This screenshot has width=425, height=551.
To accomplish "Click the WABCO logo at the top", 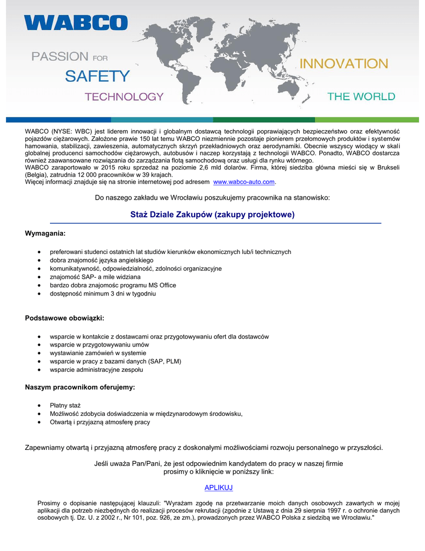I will pos(76,23).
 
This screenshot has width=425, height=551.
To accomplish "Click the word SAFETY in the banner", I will pos(97,76).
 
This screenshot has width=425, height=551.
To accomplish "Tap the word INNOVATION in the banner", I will pos(343,63).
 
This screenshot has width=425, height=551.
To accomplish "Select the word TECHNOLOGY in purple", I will pos(124,97).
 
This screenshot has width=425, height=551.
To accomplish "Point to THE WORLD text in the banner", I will pos(361,97).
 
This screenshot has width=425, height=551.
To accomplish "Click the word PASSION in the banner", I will pos(60,56).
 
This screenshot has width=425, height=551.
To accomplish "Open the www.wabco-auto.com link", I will pos(248,182).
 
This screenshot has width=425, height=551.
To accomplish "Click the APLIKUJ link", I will pos(219,488).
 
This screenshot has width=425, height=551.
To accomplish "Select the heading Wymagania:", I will pos(45,233).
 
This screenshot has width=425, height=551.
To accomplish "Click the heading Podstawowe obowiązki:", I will pos(64,318).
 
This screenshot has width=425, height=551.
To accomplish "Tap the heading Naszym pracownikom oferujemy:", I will pos(80,387).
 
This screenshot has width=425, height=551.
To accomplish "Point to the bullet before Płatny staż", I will pos(41,405).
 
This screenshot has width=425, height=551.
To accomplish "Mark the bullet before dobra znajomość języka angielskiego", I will pos(41,260).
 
